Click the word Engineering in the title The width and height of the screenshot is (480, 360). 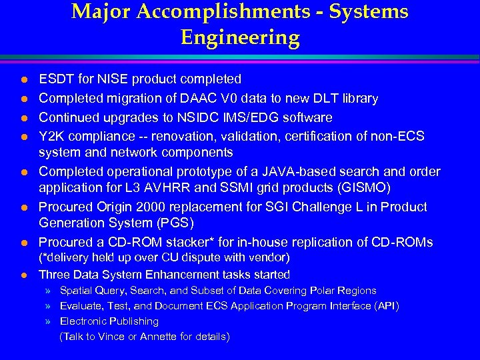[240, 37]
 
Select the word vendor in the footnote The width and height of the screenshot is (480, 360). [271, 257]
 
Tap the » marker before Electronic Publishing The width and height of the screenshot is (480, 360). [49, 321]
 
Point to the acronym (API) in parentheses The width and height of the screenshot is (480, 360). [386, 306]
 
